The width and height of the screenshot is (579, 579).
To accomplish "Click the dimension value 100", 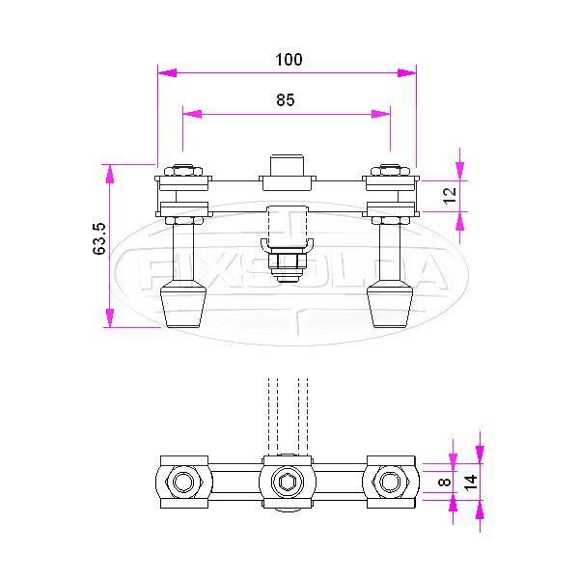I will pyautogui.click(x=289, y=59).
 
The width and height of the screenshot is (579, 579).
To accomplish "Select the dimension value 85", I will pyautogui.click(x=285, y=99).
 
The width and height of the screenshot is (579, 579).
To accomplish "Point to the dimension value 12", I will pyautogui.click(x=447, y=195).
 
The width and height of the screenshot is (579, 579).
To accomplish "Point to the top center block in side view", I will pyautogui.click(x=287, y=164).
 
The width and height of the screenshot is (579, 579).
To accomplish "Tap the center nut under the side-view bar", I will pyautogui.click(x=286, y=262).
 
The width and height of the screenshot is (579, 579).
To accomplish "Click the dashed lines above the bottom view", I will pyautogui.click(x=287, y=410).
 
